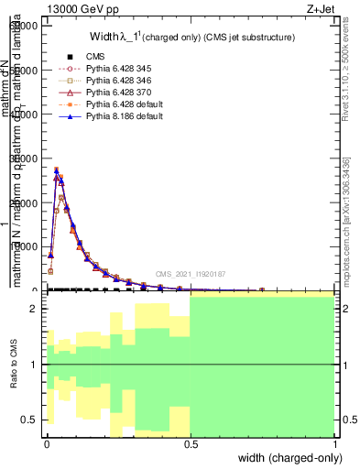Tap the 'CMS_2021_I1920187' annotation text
pos(190,274)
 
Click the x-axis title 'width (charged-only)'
pos(284,457)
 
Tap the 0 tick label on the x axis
pos(46,443)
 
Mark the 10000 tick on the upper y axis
pos(24,246)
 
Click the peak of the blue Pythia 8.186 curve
pos(57,169)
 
